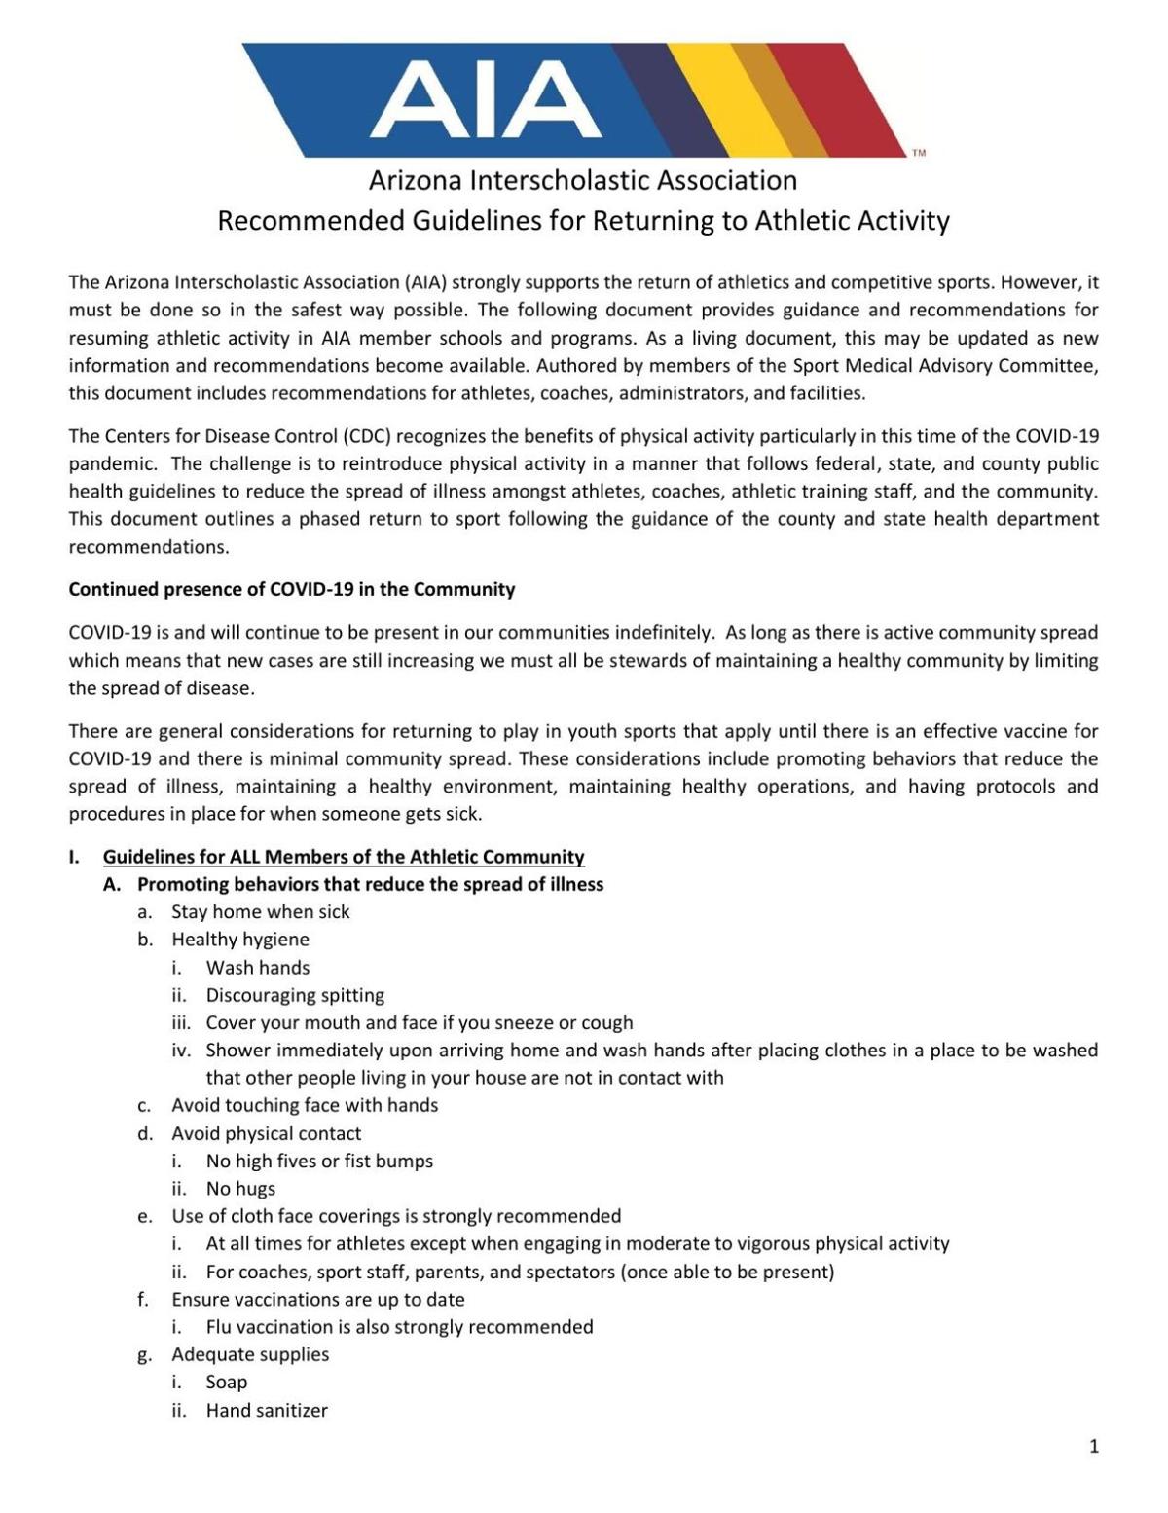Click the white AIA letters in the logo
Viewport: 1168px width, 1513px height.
point(485,99)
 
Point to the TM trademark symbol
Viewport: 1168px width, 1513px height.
point(918,153)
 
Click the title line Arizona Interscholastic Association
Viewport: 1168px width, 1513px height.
point(582,180)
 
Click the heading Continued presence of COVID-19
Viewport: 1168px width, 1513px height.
point(291,589)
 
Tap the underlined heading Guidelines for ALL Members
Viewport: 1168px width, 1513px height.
point(344,857)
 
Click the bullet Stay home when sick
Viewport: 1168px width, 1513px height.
point(260,912)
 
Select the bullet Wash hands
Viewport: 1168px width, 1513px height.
point(257,968)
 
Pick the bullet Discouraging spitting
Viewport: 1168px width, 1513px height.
point(295,995)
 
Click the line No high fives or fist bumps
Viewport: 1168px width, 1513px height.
point(319,1161)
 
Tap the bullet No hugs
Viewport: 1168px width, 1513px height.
point(240,1189)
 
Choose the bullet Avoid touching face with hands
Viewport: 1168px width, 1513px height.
point(305,1105)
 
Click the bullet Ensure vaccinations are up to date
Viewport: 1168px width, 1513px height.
point(317,1300)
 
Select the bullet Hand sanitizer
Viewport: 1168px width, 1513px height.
point(267,1410)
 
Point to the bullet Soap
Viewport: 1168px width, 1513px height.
point(227,1383)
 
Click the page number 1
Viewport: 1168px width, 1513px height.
point(1094,1447)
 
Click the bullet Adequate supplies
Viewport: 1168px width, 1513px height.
point(250,1354)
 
